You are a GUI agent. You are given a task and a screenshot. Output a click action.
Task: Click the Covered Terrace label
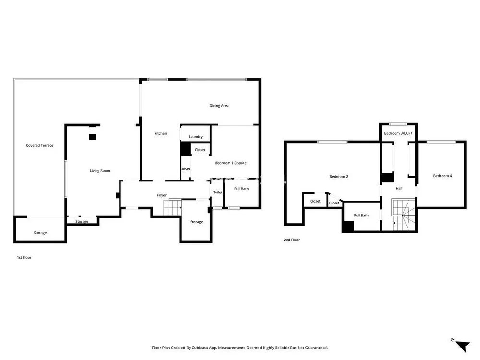39,145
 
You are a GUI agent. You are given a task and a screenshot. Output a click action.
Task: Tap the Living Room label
100,171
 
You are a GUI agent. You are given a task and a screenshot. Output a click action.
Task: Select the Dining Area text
219,106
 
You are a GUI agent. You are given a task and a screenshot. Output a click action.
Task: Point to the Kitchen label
160,133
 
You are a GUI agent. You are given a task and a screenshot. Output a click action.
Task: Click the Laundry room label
195,137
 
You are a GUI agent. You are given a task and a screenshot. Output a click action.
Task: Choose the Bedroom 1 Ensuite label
230,163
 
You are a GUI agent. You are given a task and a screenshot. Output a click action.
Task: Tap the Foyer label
162,195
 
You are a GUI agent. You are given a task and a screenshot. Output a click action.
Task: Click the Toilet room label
217,192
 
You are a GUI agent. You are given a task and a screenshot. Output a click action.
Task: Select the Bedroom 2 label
338,176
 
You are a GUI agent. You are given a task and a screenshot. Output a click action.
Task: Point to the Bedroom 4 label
443,176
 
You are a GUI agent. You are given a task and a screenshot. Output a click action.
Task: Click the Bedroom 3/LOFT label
398,133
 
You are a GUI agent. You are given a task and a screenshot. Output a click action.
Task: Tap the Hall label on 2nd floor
399,188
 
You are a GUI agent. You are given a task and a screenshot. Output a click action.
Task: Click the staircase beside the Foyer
172,207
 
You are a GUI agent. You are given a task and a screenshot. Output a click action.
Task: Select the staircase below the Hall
404,215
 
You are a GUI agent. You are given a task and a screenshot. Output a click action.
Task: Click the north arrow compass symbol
462,345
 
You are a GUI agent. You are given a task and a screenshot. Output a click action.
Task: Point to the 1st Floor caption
24,257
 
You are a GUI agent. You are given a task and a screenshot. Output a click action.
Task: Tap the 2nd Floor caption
291,240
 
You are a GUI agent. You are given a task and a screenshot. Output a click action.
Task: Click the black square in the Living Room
93,137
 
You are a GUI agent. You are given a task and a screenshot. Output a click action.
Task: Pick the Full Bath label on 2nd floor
361,215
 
